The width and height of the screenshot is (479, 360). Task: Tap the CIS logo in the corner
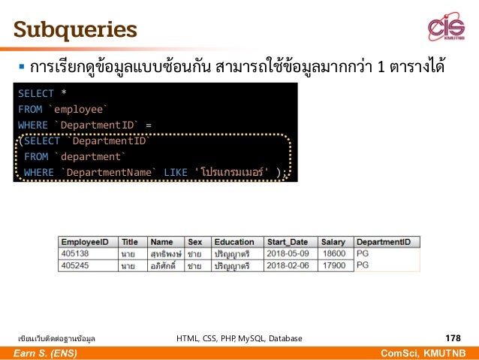point(446,28)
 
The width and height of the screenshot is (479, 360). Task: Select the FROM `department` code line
point(74,156)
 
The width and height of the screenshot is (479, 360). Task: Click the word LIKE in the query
point(175,173)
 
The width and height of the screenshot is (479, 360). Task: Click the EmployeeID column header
point(85,242)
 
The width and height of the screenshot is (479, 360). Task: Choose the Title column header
point(130,242)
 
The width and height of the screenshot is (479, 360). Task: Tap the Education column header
point(233,242)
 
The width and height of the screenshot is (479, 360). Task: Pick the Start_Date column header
point(288,242)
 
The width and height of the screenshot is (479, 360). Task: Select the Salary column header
point(333,242)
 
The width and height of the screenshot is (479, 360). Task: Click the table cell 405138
point(75,254)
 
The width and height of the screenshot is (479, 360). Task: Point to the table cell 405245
point(75,265)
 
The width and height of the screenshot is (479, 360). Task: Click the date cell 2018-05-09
point(290,254)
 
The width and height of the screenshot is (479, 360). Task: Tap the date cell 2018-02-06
point(290,265)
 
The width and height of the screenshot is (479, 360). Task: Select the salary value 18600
point(333,254)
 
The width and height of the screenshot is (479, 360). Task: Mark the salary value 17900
point(333,265)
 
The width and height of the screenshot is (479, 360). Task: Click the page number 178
point(453,338)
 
